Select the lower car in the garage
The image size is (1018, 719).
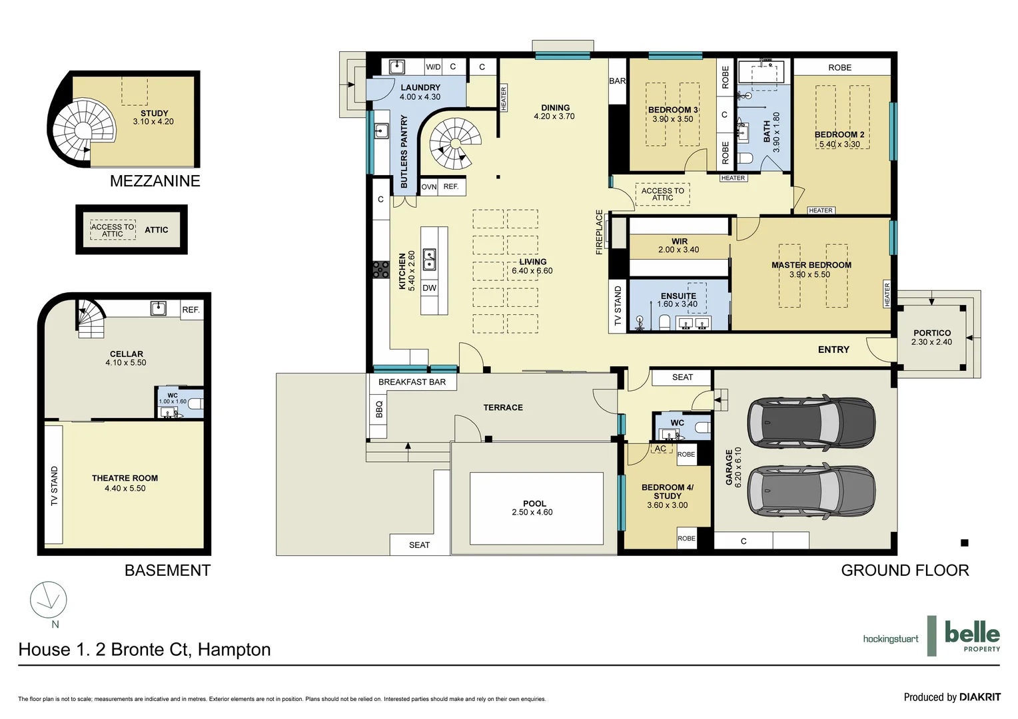point(811,491)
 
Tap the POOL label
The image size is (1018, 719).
point(534,503)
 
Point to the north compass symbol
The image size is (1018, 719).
point(49,600)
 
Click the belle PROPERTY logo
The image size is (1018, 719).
point(971,636)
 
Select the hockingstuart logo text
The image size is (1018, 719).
point(890,639)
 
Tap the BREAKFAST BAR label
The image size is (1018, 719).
point(412,382)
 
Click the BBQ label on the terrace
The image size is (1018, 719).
point(379,409)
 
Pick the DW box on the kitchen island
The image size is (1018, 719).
point(430,288)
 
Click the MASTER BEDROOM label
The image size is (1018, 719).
point(811,265)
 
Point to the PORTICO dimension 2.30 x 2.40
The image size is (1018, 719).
point(931,342)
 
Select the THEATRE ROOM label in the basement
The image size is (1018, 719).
point(125,478)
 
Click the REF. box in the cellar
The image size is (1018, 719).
point(191,310)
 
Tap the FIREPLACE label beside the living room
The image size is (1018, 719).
point(599,232)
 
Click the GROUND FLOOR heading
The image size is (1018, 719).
point(904,571)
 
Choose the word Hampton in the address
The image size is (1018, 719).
point(234,650)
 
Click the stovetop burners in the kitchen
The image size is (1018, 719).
point(380,269)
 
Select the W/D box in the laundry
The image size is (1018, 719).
point(433,67)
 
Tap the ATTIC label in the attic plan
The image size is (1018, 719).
point(157,230)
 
